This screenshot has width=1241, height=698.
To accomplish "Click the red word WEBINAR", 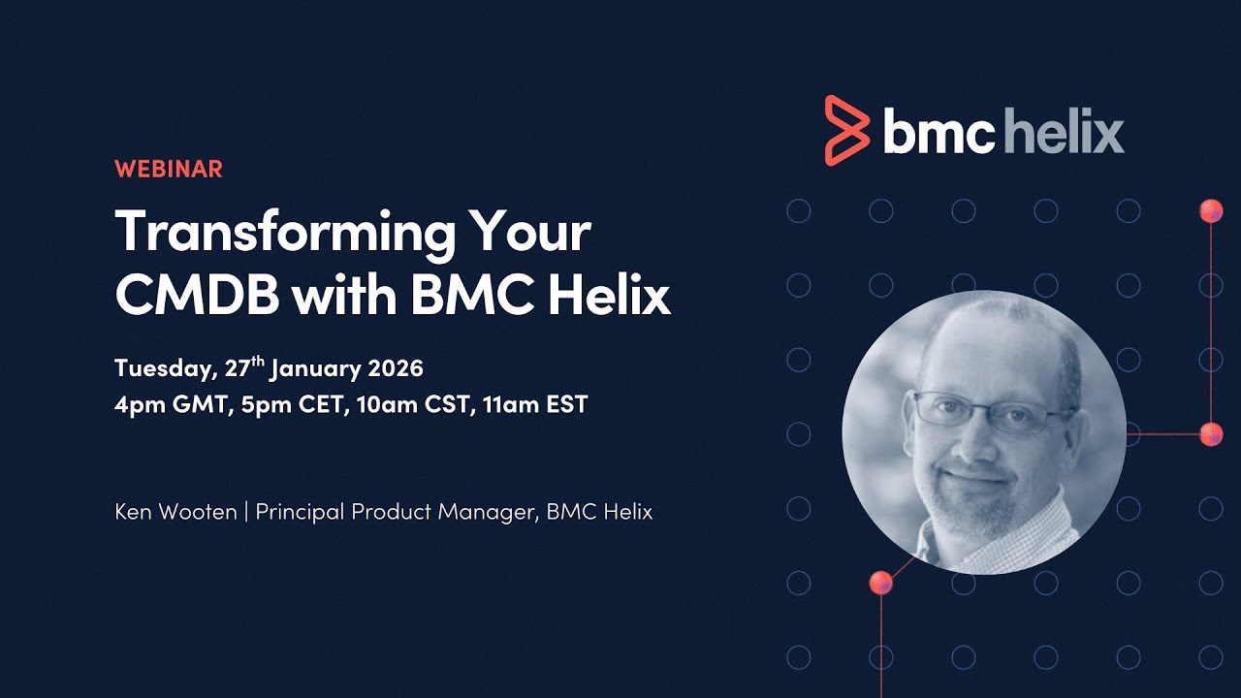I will click(x=168, y=169).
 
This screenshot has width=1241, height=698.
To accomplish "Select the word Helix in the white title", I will click(x=608, y=296).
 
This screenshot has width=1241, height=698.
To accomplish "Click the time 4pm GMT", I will click(x=166, y=404).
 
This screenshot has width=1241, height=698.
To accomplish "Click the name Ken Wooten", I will click(x=175, y=512).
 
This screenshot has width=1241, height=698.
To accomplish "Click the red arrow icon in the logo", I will click(x=845, y=130).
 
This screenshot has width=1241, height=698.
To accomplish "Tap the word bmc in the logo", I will click(x=938, y=132).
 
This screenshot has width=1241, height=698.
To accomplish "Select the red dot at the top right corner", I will click(x=1211, y=210).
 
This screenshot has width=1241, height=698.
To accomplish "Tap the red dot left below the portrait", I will click(x=880, y=583).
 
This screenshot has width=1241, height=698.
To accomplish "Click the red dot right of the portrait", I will click(x=1211, y=434).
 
